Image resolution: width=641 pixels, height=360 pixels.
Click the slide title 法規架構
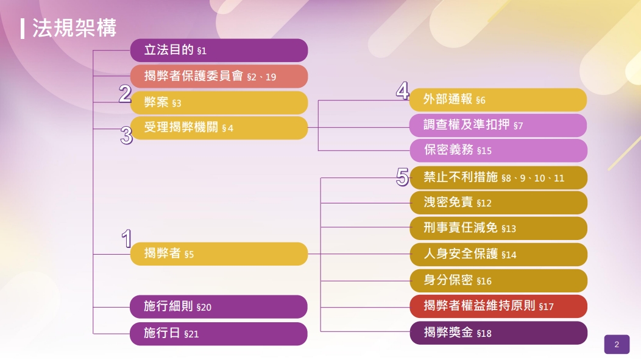(74, 28)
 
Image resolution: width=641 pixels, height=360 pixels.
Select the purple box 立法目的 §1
(219, 51)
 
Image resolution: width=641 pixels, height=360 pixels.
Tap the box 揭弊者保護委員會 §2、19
(219, 76)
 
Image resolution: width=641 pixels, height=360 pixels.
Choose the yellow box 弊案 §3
(219, 102)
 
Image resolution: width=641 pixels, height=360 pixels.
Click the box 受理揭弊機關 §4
(219, 128)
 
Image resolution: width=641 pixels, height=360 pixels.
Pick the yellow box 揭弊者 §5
(219, 254)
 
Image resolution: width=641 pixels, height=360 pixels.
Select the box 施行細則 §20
(219, 306)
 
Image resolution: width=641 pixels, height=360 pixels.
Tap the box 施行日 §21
(219, 334)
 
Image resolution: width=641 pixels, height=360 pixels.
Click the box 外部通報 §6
(498, 100)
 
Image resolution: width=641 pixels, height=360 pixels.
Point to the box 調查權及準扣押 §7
(498, 125)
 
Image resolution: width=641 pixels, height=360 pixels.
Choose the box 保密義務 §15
(498, 150)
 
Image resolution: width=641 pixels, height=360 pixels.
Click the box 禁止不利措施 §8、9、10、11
(498, 178)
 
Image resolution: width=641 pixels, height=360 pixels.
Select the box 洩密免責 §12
(498, 203)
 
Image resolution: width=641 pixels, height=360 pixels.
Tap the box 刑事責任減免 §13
(498, 228)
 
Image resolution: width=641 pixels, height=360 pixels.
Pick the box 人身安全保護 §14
(498, 255)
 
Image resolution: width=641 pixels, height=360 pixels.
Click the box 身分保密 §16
(498, 281)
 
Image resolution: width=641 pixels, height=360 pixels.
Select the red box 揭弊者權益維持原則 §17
(498, 306)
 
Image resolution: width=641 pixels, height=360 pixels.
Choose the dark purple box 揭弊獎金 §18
(498, 333)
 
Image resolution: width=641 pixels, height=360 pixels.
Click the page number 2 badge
(617, 345)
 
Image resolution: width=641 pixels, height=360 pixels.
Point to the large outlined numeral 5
(402, 177)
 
